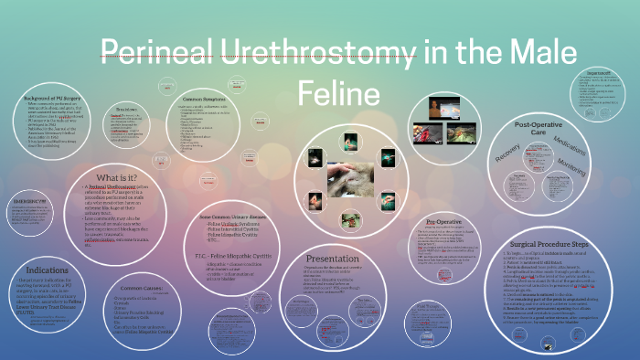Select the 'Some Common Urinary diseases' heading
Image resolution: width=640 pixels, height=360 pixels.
229,216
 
